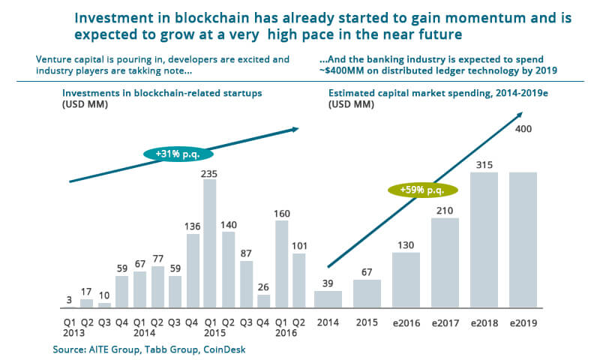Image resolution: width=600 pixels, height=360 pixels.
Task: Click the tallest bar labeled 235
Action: [210, 244]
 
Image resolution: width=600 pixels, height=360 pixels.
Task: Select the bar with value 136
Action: [193, 271]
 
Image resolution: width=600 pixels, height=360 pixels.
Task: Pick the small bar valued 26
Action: [263, 301]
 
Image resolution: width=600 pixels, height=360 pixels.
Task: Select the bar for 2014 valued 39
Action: [327, 299]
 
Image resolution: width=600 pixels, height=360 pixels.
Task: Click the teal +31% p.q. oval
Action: [178, 153]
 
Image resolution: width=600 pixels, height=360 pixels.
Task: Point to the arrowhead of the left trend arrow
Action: [295, 130]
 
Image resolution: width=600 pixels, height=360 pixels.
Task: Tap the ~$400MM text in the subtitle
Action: [340, 72]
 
